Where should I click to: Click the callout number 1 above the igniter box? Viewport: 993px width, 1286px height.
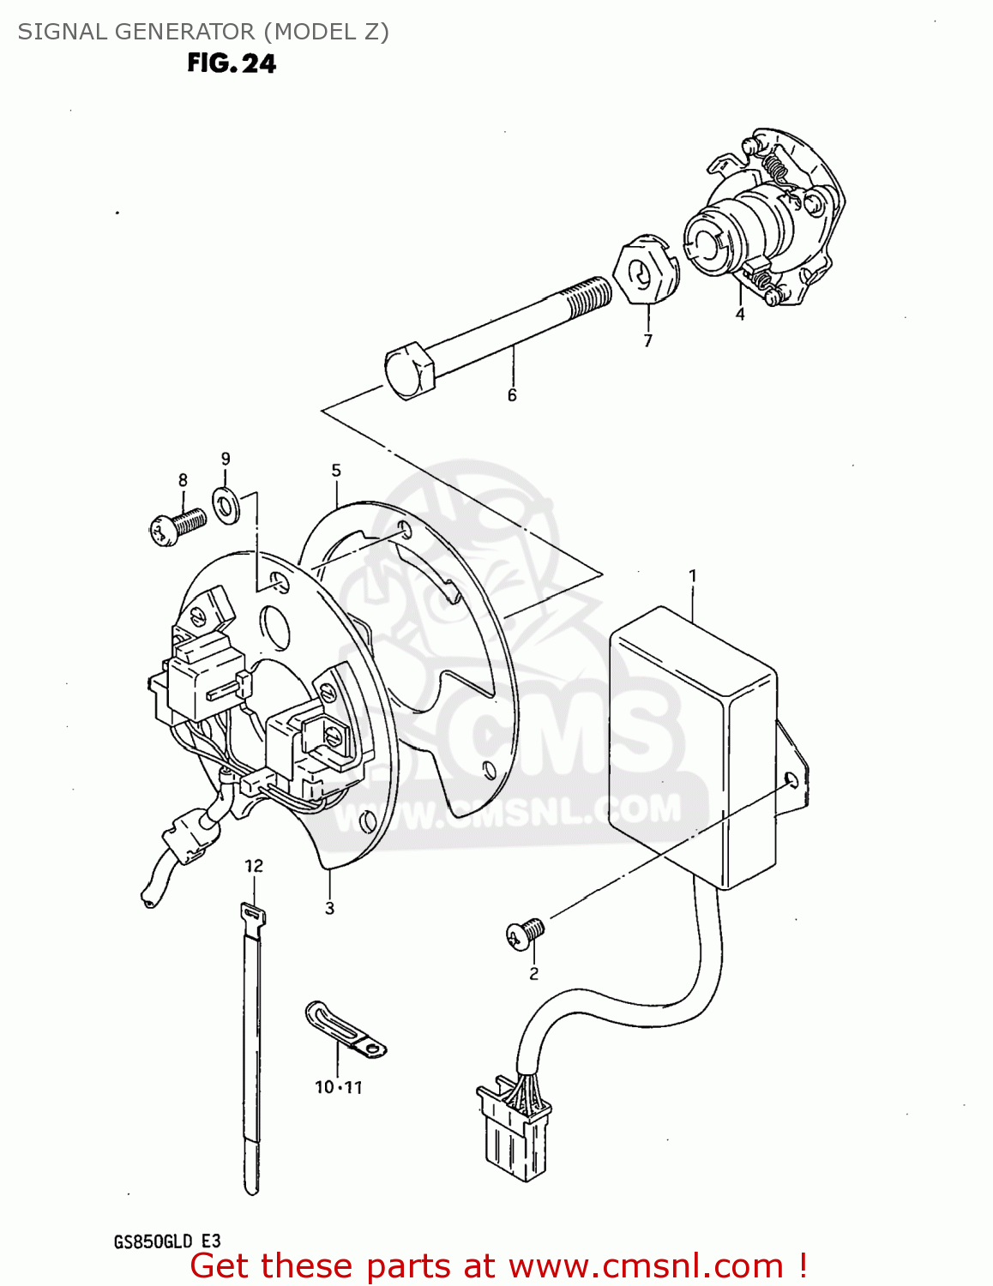pos(693,577)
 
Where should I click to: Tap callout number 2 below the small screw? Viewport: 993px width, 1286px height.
pos(533,974)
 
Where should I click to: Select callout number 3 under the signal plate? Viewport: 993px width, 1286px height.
pos(329,908)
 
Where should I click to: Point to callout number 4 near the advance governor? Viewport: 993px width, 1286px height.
pos(739,315)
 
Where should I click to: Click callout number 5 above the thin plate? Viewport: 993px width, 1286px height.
pos(336,471)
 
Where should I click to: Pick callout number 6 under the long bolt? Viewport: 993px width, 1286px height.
pos(512,395)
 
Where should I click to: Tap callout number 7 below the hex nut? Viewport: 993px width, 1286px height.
pos(647,340)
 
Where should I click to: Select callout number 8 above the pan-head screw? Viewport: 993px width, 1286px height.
pos(183,481)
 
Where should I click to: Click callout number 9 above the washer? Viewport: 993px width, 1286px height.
pos(226,460)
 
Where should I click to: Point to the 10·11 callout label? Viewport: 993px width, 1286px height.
pos(339,1087)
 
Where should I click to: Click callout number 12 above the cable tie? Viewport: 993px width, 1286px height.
pos(254,866)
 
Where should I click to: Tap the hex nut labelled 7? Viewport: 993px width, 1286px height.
pos(644,273)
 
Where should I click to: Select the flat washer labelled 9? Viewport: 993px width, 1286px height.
pos(226,508)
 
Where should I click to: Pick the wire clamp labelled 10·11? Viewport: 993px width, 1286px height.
pos(345,1028)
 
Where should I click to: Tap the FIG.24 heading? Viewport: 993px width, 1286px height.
pos(232,63)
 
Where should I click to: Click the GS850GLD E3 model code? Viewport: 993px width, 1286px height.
pos(167,1241)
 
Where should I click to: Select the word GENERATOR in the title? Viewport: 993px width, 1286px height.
pos(184,32)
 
